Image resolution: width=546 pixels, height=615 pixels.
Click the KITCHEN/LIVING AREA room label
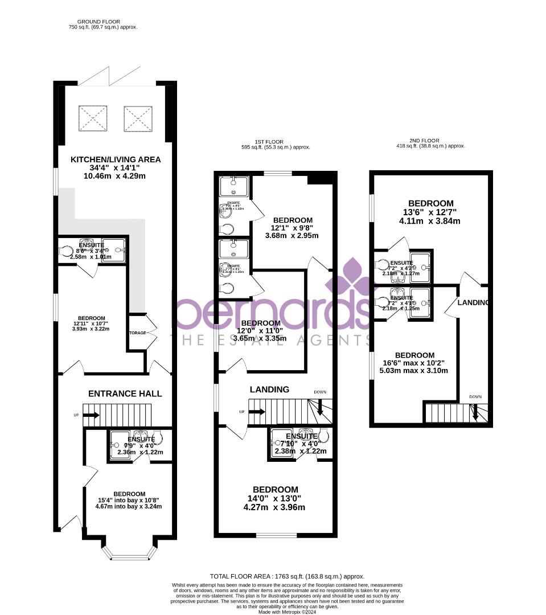pos(116,159)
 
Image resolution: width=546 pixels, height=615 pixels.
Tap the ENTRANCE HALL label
pos(125,393)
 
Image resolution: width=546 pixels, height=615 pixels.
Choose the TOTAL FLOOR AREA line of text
pos(287,576)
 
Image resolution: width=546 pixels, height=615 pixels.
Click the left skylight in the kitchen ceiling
pos(93,118)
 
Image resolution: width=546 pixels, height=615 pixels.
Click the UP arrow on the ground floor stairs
pos(91,415)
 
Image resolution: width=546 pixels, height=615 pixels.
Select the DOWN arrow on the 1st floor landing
pos(320,407)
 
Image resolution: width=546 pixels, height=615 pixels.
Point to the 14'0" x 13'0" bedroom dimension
pos(276,499)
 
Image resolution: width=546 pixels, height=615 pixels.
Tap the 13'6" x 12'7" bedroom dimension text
pos(431,212)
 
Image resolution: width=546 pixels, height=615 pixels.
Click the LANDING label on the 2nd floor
pos(473,302)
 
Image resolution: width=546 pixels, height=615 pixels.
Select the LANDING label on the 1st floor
pos(269,389)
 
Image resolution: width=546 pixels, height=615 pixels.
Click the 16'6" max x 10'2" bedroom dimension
pos(414,363)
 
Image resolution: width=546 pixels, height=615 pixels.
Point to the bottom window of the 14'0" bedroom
pos(276,535)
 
